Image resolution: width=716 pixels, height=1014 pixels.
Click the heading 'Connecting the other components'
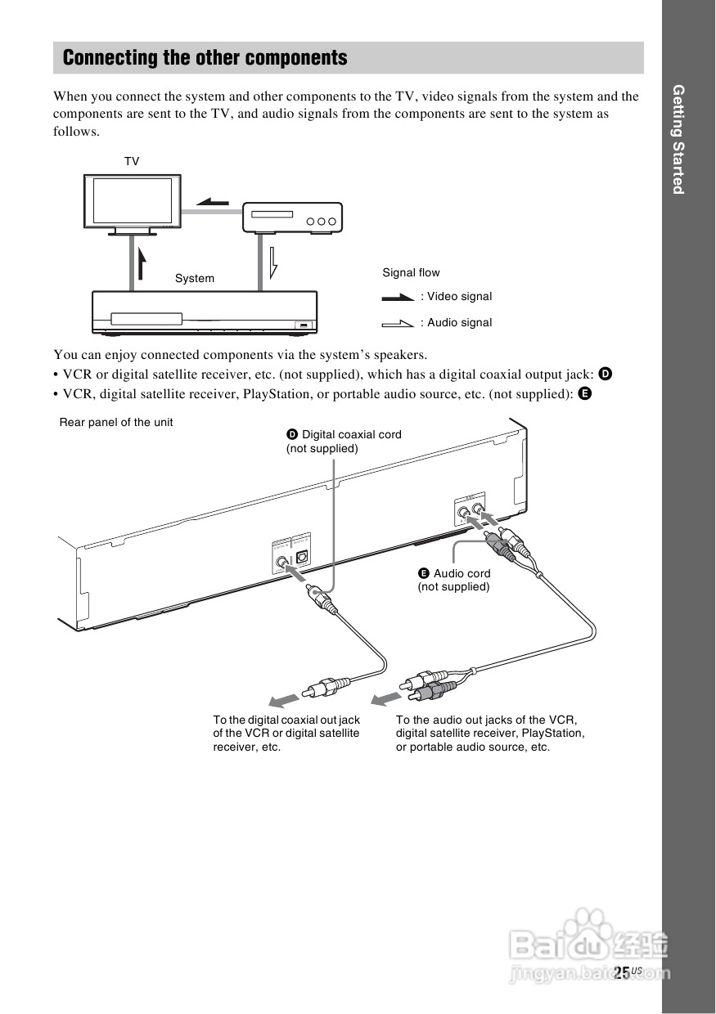(x=205, y=58)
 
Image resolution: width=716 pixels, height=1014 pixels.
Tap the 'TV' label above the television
(x=132, y=162)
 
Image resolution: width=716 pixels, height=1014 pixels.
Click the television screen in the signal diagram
(x=132, y=201)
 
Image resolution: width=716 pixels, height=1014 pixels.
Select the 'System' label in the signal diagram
(x=195, y=278)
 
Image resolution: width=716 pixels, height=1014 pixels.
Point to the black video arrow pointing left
(x=214, y=202)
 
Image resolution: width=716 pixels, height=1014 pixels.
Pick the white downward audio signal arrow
(x=274, y=261)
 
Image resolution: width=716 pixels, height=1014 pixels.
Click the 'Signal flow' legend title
(x=411, y=272)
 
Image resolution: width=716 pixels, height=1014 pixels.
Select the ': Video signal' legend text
(x=457, y=296)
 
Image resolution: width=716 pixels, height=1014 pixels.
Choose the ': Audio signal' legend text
(x=457, y=322)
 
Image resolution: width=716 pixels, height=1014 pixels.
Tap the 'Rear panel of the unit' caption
(x=116, y=422)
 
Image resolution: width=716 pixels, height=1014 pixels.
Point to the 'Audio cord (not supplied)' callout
(x=455, y=580)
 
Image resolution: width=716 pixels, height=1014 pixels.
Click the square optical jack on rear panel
(x=301, y=555)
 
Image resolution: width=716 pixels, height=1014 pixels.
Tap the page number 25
(x=622, y=972)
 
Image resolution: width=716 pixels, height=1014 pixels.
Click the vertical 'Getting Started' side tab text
(x=678, y=139)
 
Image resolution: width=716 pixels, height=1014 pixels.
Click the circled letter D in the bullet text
(x=606, y=375)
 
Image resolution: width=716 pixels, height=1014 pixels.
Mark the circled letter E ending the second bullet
(x=584, y=393)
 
